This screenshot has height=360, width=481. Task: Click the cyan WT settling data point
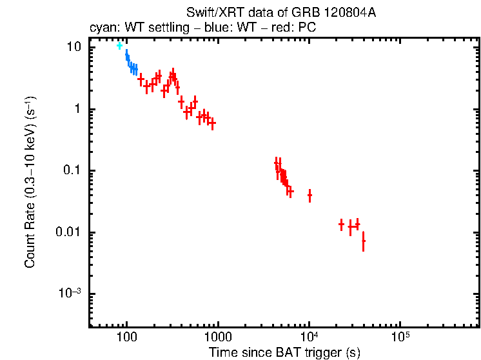[119, 46]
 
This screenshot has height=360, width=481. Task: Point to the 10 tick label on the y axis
[75, 48]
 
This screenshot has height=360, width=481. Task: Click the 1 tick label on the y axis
[77, 109]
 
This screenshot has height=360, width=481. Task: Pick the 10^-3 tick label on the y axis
[70, 293]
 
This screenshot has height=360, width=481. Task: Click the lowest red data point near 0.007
[364, 241]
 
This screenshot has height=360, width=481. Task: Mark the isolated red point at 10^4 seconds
[309, 194]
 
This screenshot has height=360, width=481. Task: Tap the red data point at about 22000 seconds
[341, 224]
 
